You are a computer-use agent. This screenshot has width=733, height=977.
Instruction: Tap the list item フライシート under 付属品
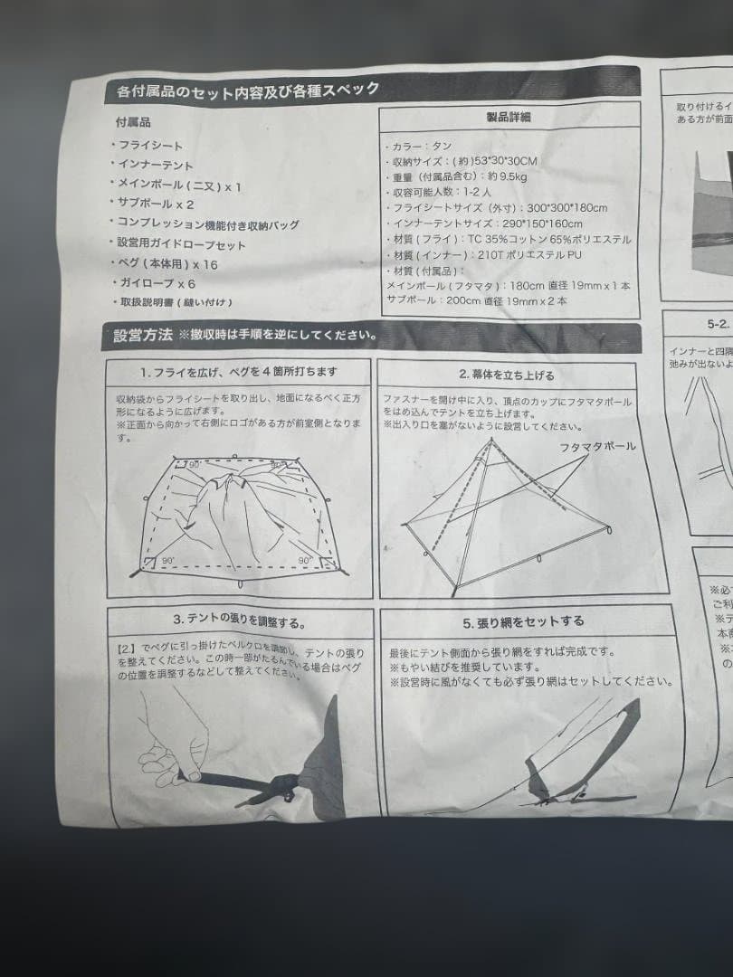pos(148,146)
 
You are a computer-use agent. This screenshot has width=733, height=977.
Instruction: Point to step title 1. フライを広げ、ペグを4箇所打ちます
pos(238,372)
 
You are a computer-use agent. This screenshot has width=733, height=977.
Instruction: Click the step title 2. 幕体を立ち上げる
pos(507,374)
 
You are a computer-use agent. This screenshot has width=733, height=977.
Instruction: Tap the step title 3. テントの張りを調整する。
pos(239,621)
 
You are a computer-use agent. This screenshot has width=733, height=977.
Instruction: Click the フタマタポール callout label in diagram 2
pos(596,447)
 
